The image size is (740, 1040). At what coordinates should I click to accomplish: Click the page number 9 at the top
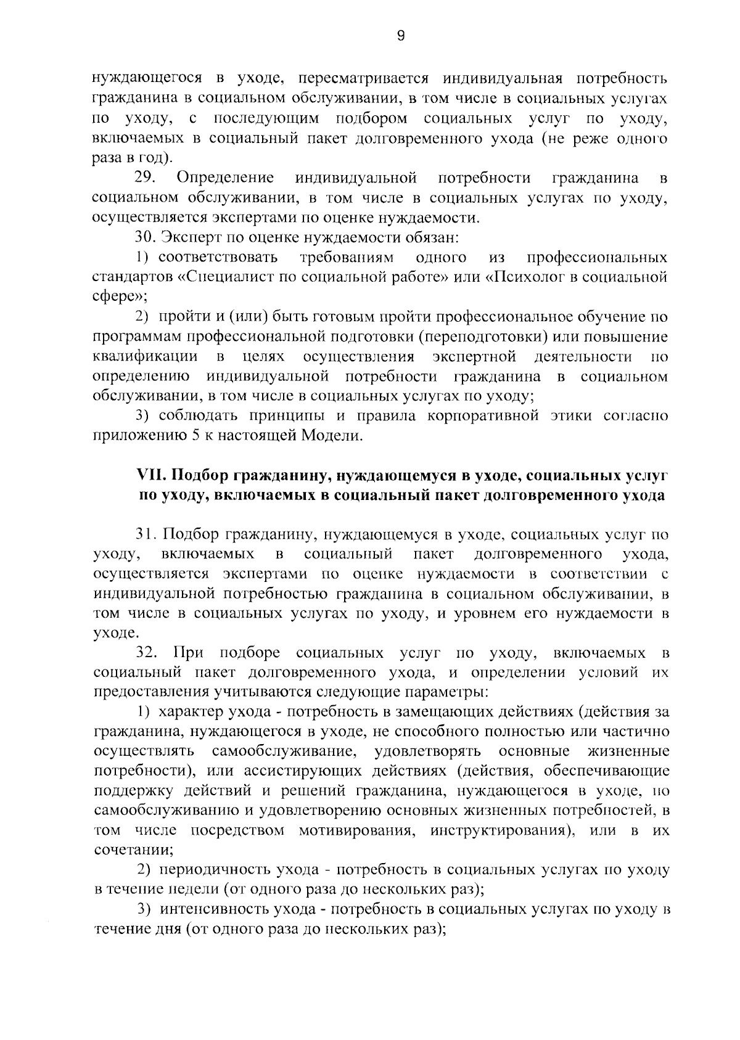401,36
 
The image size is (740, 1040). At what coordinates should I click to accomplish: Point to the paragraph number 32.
147,653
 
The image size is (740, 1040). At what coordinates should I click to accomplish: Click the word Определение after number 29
225,179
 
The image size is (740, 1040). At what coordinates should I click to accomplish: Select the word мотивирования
351,830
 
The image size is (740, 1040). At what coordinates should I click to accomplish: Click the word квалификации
145,357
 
